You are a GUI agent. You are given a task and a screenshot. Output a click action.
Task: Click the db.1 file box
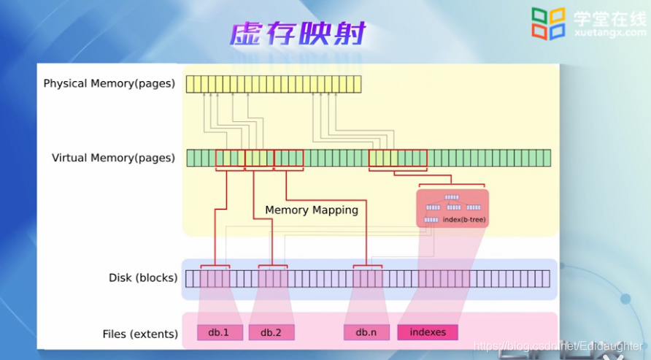(219, 332)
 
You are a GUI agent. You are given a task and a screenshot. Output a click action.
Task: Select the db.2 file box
(271, 332)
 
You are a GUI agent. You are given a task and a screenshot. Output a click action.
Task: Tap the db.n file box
(366, 332)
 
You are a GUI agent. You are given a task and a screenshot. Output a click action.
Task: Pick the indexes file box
(428, 332)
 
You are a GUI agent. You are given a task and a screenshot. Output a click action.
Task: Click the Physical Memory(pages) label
(109, 83)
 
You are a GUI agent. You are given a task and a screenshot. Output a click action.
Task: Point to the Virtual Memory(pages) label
(113, 158)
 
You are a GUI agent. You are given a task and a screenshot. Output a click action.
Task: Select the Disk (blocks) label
(143, 277)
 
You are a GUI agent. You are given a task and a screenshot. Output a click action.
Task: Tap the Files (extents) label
(140, 334)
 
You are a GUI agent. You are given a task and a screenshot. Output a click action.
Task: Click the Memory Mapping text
(312, 210)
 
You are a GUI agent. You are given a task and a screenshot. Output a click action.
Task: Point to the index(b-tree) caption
(464, 219)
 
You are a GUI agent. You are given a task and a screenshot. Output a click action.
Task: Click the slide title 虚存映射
(298, 34)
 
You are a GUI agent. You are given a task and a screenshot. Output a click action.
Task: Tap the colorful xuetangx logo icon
(548, 24)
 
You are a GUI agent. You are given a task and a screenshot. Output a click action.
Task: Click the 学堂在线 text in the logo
(609, 19)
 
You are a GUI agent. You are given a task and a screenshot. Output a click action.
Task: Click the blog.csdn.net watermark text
(558, 345)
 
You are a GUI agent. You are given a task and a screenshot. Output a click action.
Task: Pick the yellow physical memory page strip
(274, 83)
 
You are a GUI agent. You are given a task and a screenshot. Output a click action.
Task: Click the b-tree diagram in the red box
(452, 207)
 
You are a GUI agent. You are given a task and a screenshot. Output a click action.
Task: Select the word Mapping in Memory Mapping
(336, 210)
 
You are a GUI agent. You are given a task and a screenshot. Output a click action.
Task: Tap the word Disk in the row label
(120, 277)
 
